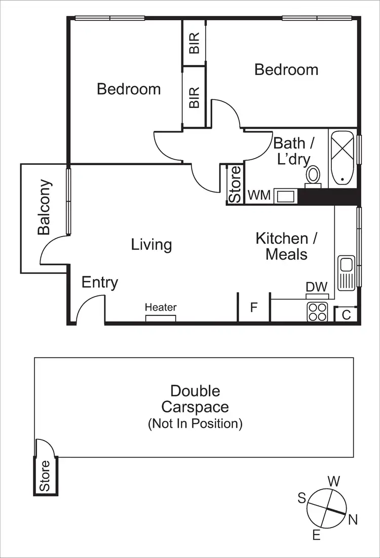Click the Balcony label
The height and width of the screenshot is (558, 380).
pos(45,207)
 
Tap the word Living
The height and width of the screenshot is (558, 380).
pos(151,245)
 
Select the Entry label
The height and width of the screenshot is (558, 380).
pos(100,282)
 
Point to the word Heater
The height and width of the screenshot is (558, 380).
pos(161,307)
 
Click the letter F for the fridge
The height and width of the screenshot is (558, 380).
pos(254,308)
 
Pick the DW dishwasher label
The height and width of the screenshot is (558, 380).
pos(317,287)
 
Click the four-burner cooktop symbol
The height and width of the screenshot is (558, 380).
pos(317,311)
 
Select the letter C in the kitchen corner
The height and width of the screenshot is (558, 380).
pos(347,315)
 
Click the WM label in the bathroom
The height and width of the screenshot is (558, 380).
pos(258,195)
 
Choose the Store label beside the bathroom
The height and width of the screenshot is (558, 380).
pos(235,184)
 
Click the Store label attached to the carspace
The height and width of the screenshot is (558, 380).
pos(45,475)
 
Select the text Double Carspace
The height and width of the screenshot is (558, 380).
pos(195,399)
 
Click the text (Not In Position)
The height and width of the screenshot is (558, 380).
pos(195,423)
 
